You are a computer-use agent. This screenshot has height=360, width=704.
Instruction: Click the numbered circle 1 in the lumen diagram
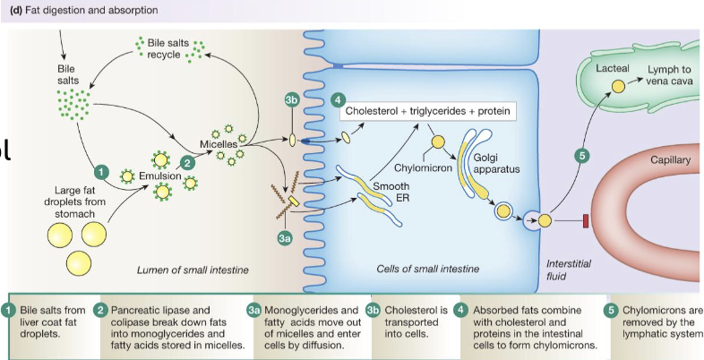[102, 170]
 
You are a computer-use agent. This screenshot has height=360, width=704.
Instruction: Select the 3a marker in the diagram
[285, 238]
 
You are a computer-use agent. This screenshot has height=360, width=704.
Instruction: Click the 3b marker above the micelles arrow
[291, 100]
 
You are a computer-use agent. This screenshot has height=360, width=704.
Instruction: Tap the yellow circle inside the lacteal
[617, 88]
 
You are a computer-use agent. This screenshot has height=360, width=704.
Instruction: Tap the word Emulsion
[158, 177]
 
